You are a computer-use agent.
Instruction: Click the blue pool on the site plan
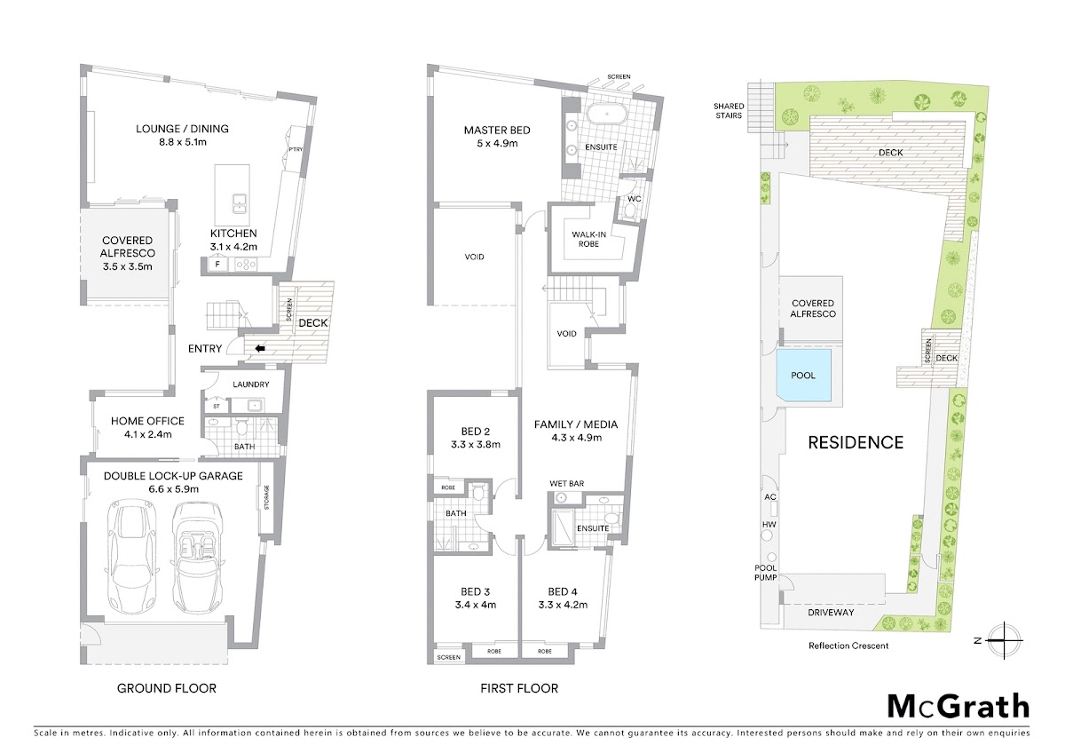(803, 376)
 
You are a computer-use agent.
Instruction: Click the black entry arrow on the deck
(260, 349)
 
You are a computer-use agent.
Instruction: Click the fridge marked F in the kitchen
(217, 264)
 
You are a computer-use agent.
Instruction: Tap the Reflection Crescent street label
(848, 646)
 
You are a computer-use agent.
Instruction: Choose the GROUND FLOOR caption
(167, 688)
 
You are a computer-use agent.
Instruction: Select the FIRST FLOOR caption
(519, 688)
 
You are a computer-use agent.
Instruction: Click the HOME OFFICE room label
(147, 421)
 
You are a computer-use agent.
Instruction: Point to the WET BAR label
(567, 483)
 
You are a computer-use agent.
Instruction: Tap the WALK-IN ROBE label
(588, 239)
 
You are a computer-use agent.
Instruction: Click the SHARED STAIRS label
(729, 111)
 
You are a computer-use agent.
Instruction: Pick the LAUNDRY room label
(251, 384)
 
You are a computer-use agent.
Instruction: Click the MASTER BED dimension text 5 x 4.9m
(497, 143)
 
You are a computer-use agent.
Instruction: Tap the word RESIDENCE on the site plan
(856, 443)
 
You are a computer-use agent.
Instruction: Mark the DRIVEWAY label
(831, 613)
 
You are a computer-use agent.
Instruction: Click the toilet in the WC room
(632, 210)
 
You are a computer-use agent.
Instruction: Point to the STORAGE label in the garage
(266, 497)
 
